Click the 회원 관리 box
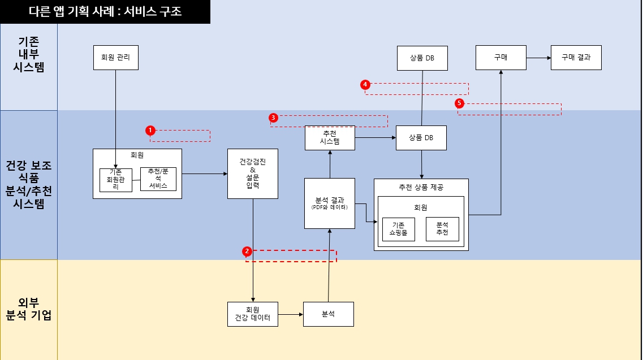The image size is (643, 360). click(115, 57)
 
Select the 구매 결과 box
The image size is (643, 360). click(576, 57)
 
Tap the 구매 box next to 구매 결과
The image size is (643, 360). click(500, 57)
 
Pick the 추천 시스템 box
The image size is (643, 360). click(330, 138)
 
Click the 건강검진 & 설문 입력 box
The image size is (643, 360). click(252, 174)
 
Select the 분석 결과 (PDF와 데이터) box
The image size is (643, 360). click(330, 203)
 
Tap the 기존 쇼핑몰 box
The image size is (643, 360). click(398, 229)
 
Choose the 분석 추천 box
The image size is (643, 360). click(442, 229)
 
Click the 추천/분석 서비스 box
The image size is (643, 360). click(158, 179)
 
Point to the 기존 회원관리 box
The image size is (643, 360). click(115, 180)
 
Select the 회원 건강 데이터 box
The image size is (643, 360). click(252, 314)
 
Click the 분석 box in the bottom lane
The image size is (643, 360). click(329, 314)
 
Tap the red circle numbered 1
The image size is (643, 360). click(150, 130)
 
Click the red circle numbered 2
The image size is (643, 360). click(247, 251)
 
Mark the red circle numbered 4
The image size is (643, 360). click(365, 84)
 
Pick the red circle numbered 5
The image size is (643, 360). click(459, 103)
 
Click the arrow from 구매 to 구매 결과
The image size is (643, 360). click(538, 58)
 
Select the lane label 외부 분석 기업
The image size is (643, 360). click(29, 309)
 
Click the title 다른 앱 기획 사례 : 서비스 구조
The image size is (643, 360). click(105, 12)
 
